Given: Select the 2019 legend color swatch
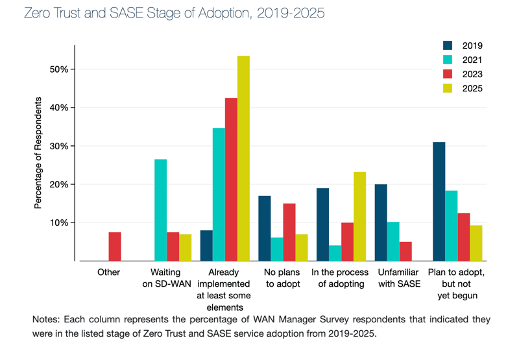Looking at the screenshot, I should coord(448,45).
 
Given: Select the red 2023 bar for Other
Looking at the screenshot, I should coord(115,246).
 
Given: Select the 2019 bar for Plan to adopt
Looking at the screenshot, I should coord(439,201).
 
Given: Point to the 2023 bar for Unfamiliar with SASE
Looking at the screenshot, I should coord(405,251).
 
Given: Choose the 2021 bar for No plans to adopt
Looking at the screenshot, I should coord(277,249).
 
